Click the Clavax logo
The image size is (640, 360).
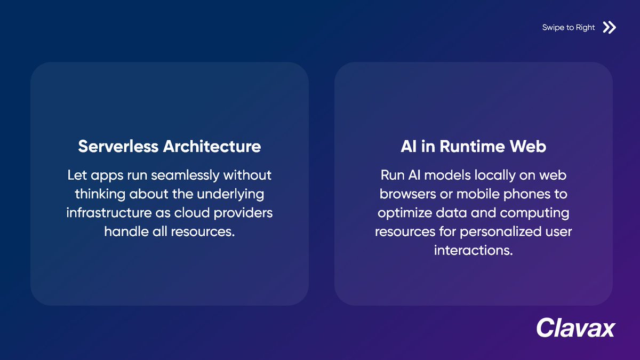[575, 327]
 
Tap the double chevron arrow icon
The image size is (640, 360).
[609, 28]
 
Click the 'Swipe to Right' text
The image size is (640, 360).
[568, 28]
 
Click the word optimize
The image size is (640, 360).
[402, 213]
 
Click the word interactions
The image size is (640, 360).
[473, 250]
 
